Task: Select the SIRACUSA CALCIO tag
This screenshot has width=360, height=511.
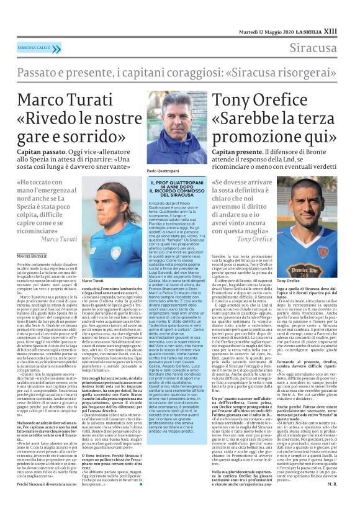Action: click(35, 47)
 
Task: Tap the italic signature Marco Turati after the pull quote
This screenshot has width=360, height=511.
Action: click(59, 238)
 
